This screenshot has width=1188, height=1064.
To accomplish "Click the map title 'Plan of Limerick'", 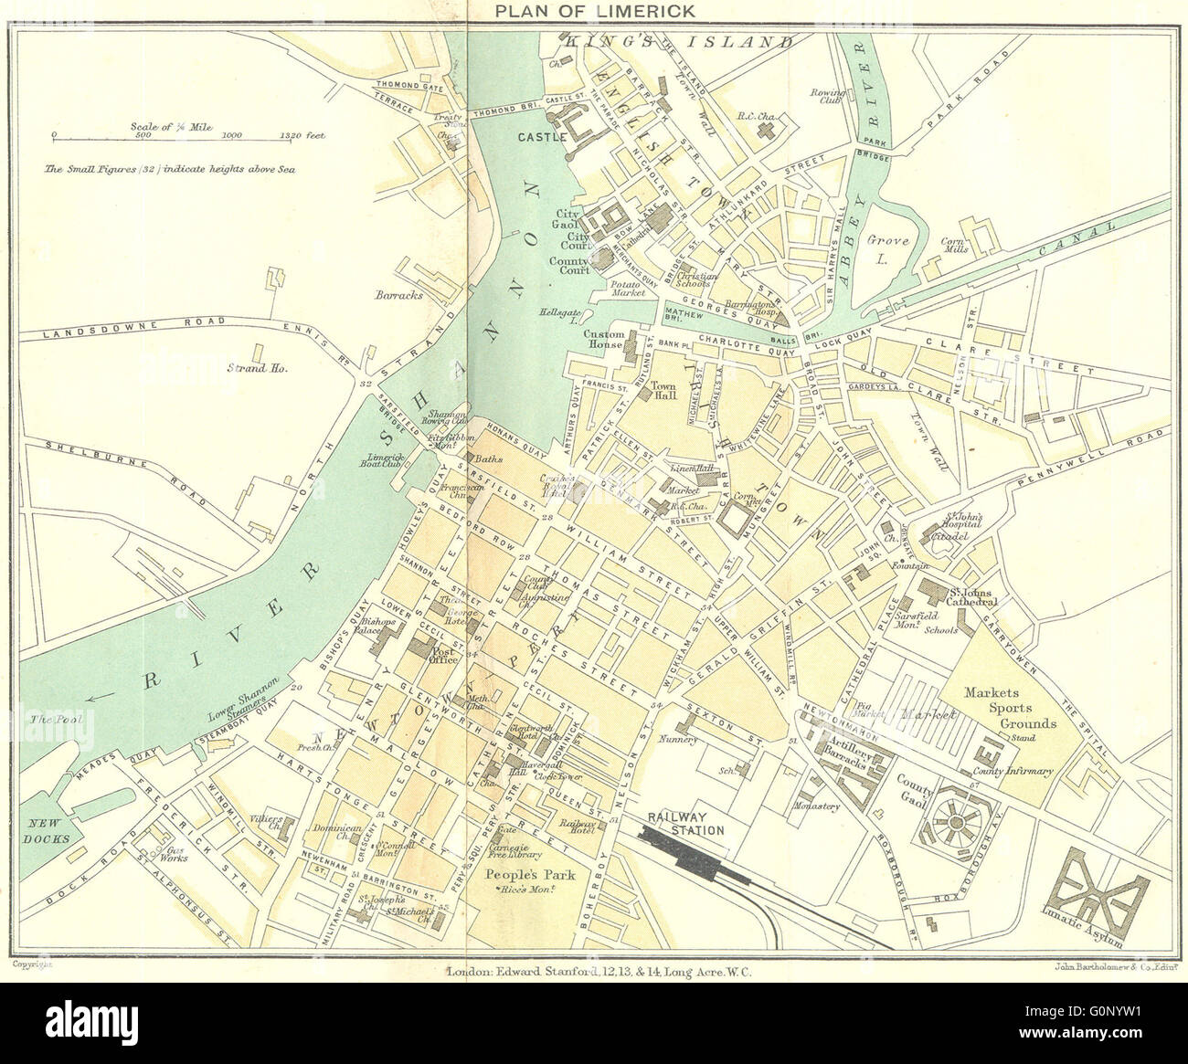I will coord(593,10).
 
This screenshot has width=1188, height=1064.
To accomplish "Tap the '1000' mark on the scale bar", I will coord(231,134).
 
